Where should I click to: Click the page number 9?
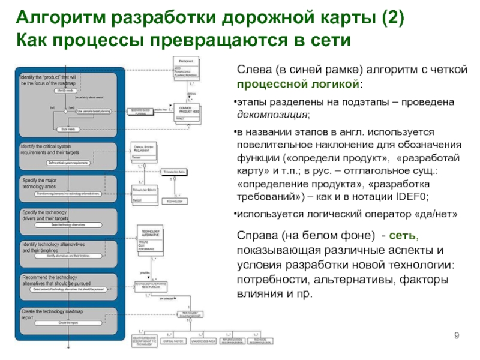point(457,334)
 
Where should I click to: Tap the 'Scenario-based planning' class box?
point(144,112)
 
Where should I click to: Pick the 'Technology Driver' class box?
point(145,193)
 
